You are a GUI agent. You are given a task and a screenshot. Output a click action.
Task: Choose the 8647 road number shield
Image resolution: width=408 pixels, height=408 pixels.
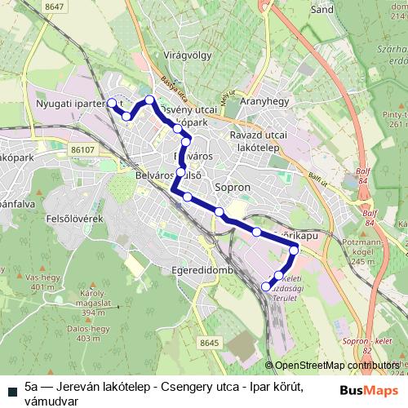point(55,7)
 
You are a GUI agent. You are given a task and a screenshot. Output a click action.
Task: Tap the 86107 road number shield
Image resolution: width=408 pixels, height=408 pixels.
point(83,150)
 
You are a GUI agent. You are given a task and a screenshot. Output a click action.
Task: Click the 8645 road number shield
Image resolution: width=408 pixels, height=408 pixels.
point(210,344)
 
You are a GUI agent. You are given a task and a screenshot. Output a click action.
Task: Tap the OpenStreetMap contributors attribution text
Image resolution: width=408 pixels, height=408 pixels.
point(336,366)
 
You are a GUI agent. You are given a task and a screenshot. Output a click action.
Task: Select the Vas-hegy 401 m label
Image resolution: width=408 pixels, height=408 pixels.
point(39,282)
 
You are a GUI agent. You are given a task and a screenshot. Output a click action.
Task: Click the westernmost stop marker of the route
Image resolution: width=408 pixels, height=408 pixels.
point(112,104)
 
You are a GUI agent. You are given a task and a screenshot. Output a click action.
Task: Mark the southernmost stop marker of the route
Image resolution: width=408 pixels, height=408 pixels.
point(266,286)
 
